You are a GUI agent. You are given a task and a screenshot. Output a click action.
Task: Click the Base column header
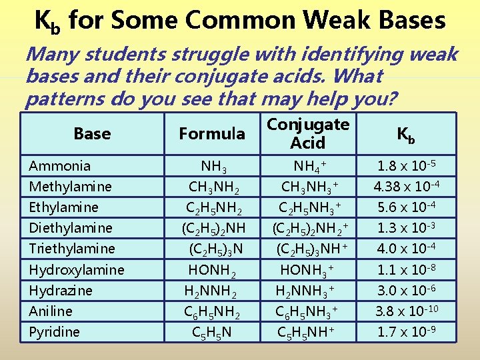[x=92, y=133]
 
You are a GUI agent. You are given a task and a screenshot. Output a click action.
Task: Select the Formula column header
[x=212, y=133]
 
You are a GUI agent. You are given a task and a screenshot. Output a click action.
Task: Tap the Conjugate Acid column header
[x=308, y=133]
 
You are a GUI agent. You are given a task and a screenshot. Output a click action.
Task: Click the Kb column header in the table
[x=406, y=133]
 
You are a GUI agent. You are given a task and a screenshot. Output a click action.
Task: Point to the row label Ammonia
[x=60, y=165]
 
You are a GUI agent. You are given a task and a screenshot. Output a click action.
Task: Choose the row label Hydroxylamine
[x=77, y=269]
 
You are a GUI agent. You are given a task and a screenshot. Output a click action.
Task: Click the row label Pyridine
[x=55, y=331]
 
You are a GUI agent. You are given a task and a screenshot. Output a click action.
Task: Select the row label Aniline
[x=51, y=311]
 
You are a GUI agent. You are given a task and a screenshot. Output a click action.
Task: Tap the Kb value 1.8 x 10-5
[x=406, y=165]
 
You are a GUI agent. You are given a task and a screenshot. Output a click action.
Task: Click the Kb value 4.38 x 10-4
[x=406, y=186]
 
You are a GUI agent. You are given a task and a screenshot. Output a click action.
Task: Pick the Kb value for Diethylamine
[x=406, y=227]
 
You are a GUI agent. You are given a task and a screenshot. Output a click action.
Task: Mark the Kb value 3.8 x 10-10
[x=406, y=311]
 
